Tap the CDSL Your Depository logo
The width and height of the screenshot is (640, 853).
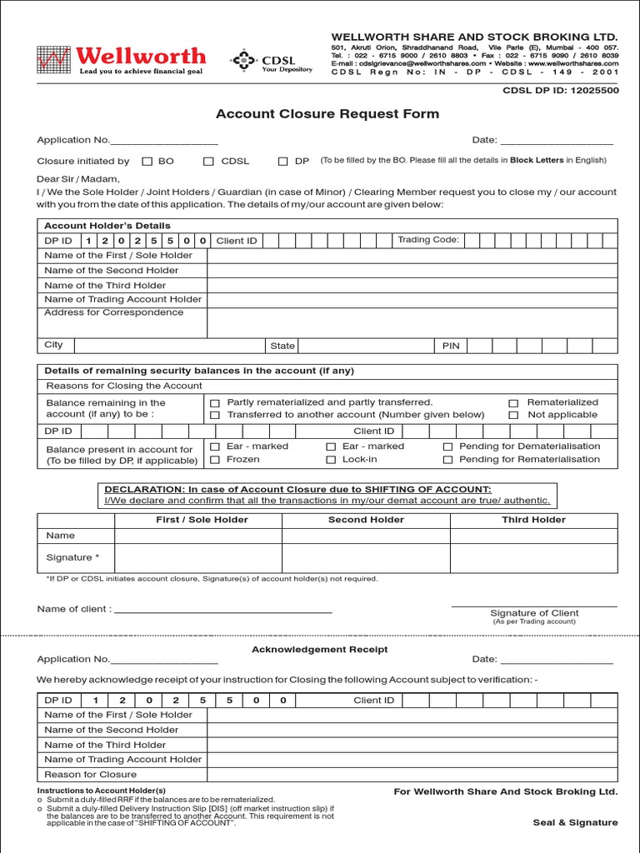click(x=272, y=61)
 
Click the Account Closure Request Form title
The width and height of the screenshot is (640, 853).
click(x=327, y=114)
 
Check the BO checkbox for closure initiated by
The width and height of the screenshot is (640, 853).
click(x=147, y=162)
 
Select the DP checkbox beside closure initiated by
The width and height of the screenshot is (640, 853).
click(x=283, y=162)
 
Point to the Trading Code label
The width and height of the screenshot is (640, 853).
click(x=427, y=240)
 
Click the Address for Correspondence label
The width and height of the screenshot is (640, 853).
click(x=113, y=312)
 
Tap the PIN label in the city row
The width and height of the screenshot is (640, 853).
click(x=450, y=346)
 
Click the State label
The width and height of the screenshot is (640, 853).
click(x=282, y=346)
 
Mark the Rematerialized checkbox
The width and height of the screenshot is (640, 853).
click(x=513, y=403)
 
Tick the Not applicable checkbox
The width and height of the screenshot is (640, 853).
click(x=513, y=415)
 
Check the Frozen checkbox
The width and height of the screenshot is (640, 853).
click(x=215, y=459)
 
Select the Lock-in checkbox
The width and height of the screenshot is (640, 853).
click(x=331, y=459)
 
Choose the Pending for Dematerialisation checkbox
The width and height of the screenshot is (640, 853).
click(x=447, y=446)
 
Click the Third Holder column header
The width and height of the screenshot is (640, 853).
click(x=533, y=520)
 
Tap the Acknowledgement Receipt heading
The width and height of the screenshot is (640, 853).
click(x=320, y=649)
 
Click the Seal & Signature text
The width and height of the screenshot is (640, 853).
click(x=575, y=823)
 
